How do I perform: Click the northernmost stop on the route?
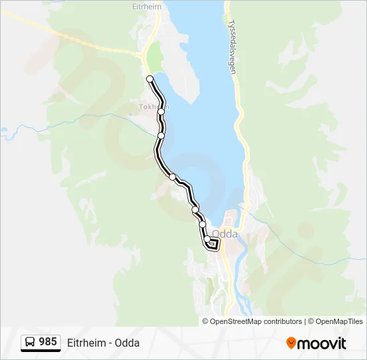click(150, 79)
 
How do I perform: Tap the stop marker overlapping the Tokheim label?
click(161, 111)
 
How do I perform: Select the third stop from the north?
click(161, 135)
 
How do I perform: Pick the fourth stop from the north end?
click(172, 177)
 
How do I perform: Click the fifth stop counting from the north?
click(195, 210)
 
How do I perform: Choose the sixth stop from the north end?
click(202, 225)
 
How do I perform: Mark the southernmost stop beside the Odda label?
click(208, 239)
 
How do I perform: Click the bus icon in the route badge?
click(30, 342)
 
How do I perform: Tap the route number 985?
click(47, 342)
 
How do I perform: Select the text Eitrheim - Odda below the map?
click(103, 343)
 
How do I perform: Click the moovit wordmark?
click(322, 343)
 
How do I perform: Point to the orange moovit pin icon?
click(291, 343)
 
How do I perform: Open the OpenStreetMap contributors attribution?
click(256, 321)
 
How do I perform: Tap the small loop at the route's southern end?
click(213, 245)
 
